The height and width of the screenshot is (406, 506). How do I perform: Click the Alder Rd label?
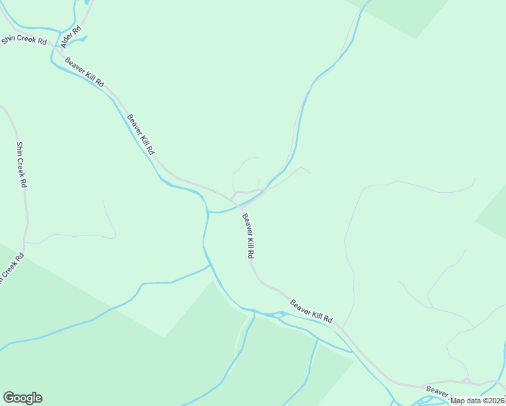(x=72, y=36)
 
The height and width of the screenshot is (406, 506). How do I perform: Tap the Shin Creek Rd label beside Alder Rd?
(x=23, y=40)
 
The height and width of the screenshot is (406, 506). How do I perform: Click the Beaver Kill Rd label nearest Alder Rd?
(x=85, y=72)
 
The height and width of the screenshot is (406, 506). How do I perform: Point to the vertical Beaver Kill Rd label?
(x=248, y=236)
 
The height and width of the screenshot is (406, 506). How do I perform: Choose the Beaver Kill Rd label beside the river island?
(x=311, y=310)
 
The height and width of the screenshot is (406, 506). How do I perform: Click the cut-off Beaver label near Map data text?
(x=437, y=391)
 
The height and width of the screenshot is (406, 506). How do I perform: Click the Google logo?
(x=22, y=398)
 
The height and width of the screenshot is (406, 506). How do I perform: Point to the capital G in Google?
(x=9, y=398)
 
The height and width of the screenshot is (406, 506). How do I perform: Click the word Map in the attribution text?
(x=458, y=401)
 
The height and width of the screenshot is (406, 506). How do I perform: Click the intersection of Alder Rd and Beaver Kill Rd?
(x=61, y=51)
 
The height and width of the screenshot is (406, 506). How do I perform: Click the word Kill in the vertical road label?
(x=248, y=241)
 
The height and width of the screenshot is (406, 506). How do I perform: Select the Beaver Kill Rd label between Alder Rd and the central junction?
(x=141, y=133)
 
